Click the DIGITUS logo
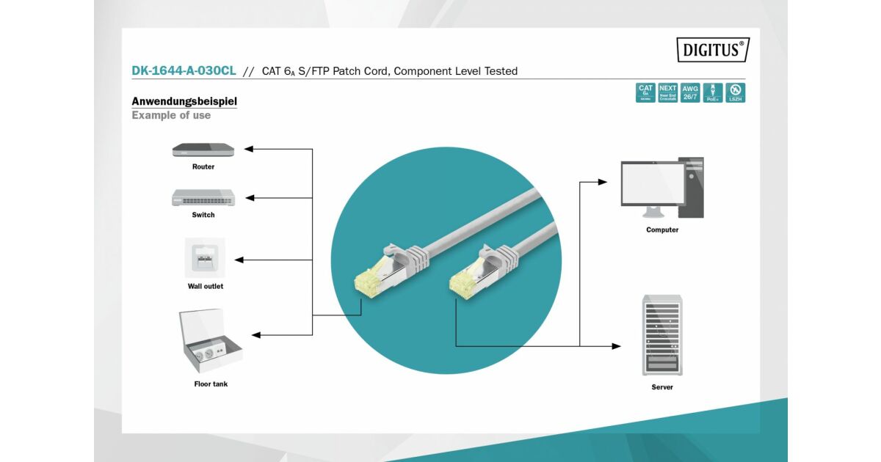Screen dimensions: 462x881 713,50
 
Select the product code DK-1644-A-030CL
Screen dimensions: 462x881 184,71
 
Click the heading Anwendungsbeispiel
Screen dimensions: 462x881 184,101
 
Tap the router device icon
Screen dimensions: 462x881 203,150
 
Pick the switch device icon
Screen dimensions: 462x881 203,197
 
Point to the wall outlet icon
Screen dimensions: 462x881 205,257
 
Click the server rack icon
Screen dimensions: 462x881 661,335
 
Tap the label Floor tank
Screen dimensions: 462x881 211,384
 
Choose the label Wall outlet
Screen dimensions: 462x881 205,286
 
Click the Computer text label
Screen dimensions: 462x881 662,230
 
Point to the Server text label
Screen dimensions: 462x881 661,387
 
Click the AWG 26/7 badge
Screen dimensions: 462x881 690,92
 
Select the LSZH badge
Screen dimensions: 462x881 735,92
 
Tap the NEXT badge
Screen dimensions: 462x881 668,92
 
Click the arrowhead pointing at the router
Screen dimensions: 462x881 248,149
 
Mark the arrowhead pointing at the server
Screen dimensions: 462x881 616,346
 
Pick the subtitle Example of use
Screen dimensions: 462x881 171,115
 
